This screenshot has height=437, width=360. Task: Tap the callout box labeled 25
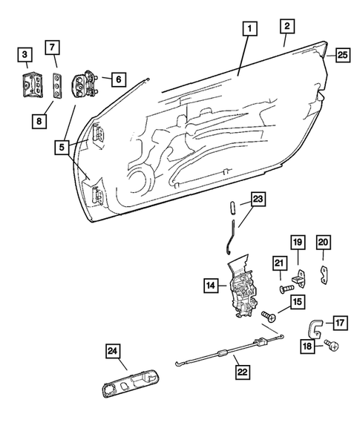point(341,54)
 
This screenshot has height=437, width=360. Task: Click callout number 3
point(26,54)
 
